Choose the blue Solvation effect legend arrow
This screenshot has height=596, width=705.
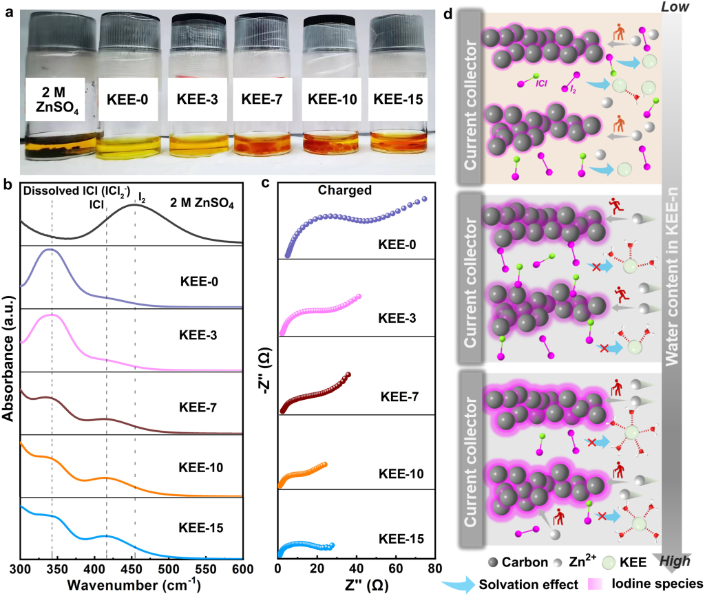click(x=464, y=584)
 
